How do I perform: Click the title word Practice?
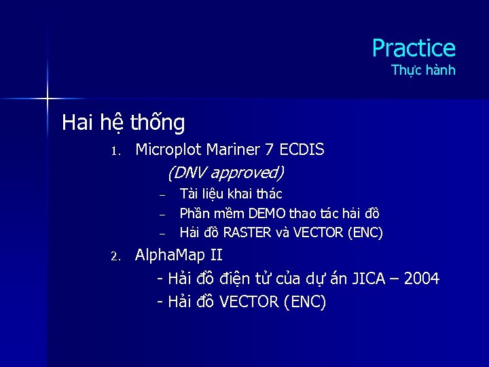point(413,48)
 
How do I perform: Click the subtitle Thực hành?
point(423,71)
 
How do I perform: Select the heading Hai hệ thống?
point(123,123)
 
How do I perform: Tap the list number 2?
point(115,257)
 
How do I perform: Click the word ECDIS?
point(302,150)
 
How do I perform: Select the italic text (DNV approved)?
point(225,173)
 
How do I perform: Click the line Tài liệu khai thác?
point(231,194)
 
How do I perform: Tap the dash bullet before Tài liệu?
point(163,196)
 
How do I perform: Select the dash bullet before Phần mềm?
point(163,215)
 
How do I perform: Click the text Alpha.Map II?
point(179,256)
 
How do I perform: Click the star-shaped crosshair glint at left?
point(48,99)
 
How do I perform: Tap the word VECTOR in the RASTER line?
point(319,233)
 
